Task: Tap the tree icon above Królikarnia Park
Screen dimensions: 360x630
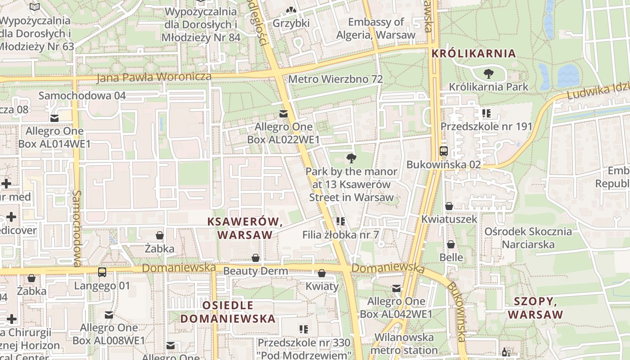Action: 488,73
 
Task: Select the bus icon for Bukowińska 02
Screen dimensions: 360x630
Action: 444,151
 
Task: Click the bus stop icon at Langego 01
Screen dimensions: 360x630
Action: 102,272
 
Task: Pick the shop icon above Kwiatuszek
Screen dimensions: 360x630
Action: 449,206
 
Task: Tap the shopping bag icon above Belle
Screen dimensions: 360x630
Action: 450,244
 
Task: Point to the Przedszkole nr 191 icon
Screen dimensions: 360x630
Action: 486,113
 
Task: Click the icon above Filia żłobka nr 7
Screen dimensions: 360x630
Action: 341,221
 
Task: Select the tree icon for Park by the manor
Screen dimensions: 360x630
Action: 351,158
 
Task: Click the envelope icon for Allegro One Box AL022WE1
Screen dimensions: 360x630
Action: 283,114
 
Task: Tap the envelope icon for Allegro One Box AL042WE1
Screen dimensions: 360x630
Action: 396,288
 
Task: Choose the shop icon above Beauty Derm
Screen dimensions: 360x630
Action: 256,258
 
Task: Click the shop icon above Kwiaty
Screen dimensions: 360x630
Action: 322,273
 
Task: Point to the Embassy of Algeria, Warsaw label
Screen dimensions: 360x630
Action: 376,28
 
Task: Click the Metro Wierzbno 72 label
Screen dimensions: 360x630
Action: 335,79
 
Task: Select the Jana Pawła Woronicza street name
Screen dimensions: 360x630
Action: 154,77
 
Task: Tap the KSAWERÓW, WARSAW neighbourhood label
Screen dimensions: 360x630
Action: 245,228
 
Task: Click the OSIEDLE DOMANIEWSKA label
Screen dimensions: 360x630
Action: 228,312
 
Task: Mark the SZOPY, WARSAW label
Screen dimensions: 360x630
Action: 535,308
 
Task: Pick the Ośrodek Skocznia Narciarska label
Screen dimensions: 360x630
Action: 528,238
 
